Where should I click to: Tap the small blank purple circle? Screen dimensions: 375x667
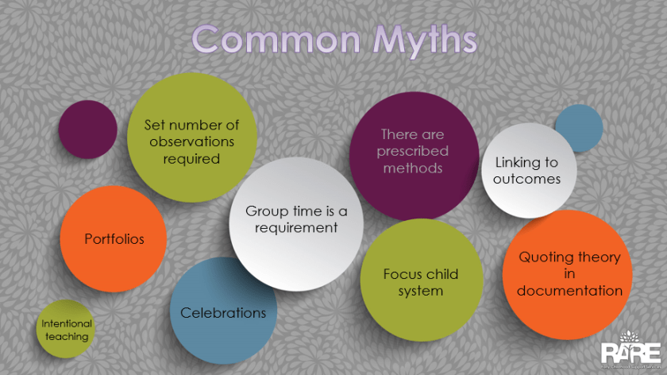tap(87, 130)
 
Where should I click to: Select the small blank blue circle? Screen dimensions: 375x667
tap(578, 128)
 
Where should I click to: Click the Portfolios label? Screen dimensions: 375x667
tap(114, 238)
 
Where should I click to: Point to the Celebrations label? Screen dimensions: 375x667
tap(223, 312)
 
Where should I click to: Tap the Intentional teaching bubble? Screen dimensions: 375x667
tap(66, 330)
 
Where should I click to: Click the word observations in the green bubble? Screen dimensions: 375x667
tap(192, 141)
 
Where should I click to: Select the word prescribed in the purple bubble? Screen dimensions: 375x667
tap(413, 151)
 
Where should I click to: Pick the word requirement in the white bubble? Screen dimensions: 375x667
tap(296, 228)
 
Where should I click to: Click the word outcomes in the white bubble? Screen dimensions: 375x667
tap(526, 179)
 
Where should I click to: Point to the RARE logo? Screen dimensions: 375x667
tap(630, 350)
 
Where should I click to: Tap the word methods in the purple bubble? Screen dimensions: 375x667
tap(413, 168)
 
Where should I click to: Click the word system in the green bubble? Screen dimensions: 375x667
tap(421, 292)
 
